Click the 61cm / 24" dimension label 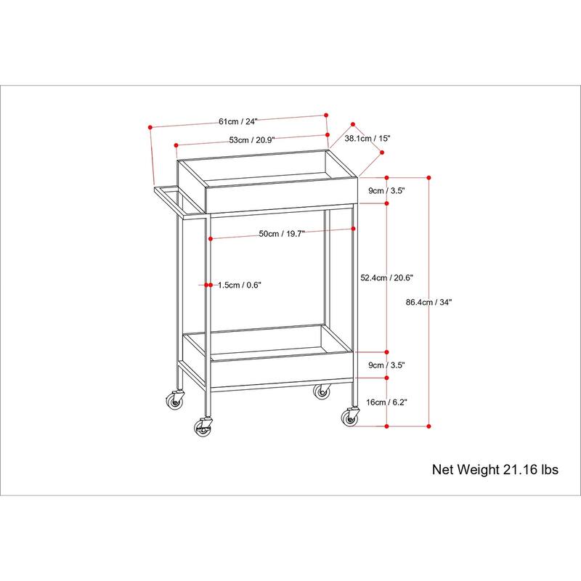pos(238,121)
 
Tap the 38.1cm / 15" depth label pos(367,138)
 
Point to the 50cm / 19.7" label pos(283,233)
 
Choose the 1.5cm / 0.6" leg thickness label pos(239,285)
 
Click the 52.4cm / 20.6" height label pos(386,277)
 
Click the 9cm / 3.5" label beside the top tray pos(386,190)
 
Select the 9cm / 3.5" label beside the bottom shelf pos(386,365)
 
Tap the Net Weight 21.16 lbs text pos(495,469)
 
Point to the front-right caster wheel pos(352,418)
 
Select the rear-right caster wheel pos(322,392)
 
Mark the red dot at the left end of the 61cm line pos(150,127)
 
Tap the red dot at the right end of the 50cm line pos(353,229)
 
